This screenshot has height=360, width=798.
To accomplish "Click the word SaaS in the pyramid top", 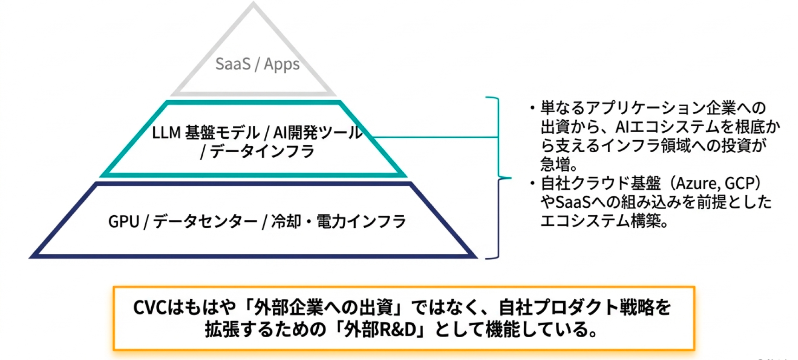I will click(x=232, y=64).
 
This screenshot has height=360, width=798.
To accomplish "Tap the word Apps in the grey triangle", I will click(x=282, y=64).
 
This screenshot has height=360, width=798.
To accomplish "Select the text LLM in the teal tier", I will click(x=166, y=133).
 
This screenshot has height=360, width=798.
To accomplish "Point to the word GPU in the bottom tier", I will click(x=123, y=222).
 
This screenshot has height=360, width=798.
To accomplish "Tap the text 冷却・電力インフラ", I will click(x=338, y=222).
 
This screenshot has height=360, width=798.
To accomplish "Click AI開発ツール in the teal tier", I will click(x=317, y=133).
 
